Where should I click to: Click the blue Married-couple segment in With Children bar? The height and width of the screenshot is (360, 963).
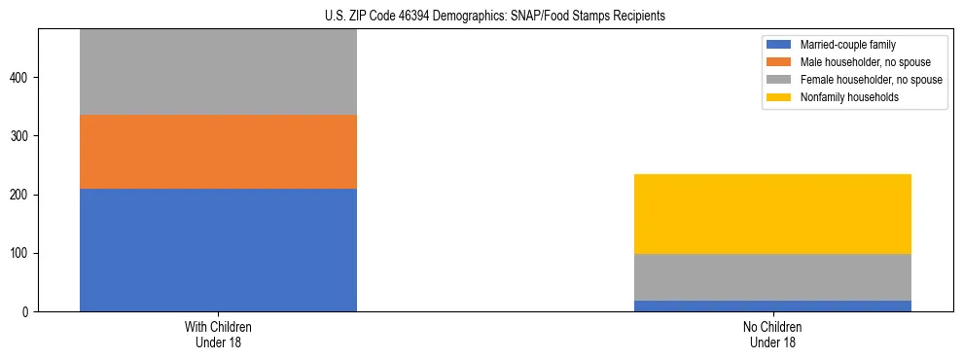point(218,250)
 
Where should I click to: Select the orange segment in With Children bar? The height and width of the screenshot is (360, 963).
point(218,152)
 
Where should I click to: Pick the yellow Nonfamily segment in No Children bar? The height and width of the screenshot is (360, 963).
point(772,214)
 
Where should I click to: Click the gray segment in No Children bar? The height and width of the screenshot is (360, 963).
point(772,277)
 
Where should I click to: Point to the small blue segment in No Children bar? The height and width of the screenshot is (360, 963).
point(772,306)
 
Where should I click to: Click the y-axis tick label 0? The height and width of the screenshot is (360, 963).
point(27,312)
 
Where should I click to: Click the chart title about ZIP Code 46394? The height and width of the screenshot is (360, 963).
point(495,17)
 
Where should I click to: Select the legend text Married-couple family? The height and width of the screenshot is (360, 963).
point(848,45)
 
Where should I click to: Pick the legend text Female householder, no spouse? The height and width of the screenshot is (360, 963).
point(871,80)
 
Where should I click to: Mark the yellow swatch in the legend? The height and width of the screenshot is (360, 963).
point(779,97)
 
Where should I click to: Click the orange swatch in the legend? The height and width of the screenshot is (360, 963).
point(779,62)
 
